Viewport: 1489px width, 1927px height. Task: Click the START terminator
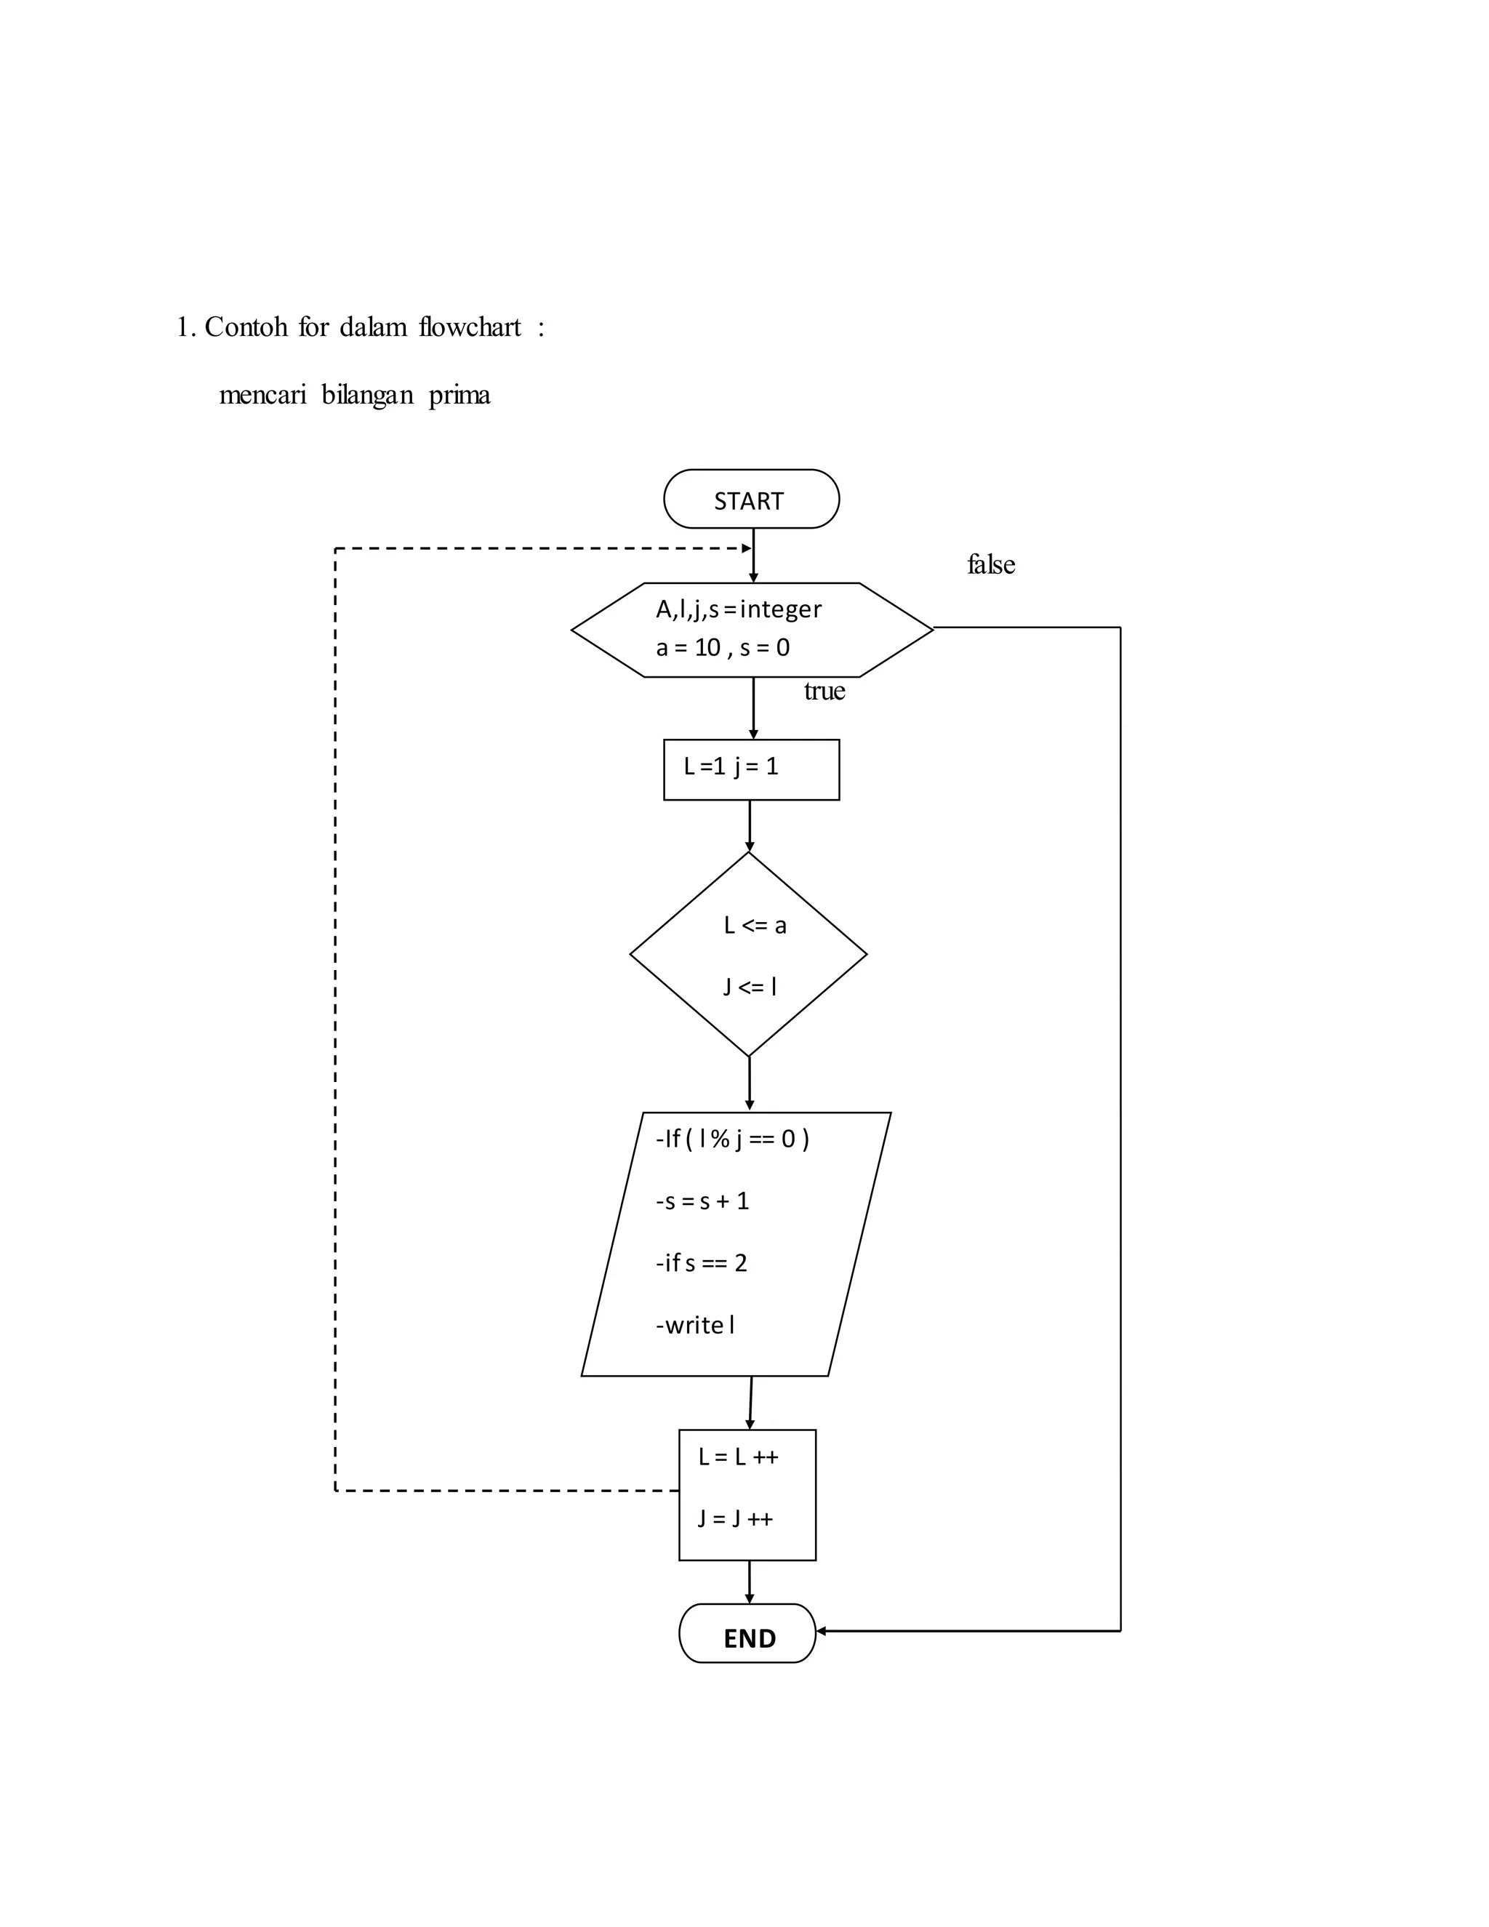[x=750, y=500]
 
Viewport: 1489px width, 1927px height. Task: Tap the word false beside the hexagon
[x=991, y=565]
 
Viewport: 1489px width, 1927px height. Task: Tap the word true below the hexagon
[x=824, y=691]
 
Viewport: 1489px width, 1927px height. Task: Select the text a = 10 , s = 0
[x=723, y=648]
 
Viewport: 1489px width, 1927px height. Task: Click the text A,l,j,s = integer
[x=739, y=609]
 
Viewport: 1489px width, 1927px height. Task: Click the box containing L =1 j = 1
[x=750, y=769]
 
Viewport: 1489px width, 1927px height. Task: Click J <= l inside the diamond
[x=750, y=987]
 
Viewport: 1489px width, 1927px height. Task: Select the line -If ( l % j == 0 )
[x=732, y=1139]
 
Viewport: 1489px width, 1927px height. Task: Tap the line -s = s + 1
[x=702, y=1201]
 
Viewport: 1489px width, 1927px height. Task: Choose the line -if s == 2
[x=702, y=1262]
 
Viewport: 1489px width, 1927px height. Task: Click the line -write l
[x=695, y=1324]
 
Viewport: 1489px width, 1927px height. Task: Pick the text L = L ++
[x=739, y=1457]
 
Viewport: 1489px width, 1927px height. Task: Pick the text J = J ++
[x=736, y=1518]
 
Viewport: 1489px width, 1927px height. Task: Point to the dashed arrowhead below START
[x=746, y=549]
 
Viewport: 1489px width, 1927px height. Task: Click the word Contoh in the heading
[x=246, y=327]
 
